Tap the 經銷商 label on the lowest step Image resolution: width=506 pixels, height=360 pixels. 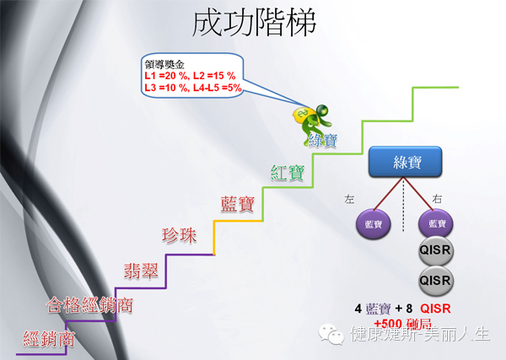(49, 340)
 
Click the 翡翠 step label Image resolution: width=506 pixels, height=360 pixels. (135, 270)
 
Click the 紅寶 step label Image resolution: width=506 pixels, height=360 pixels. (288, 171)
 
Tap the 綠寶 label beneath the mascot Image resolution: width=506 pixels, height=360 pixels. (323, 140)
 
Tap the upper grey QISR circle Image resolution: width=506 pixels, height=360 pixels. (437, 253)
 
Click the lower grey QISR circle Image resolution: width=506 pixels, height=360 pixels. (437, 280)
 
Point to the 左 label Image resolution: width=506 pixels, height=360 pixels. (350, 199)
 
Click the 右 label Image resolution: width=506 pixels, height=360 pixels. (438, 199)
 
